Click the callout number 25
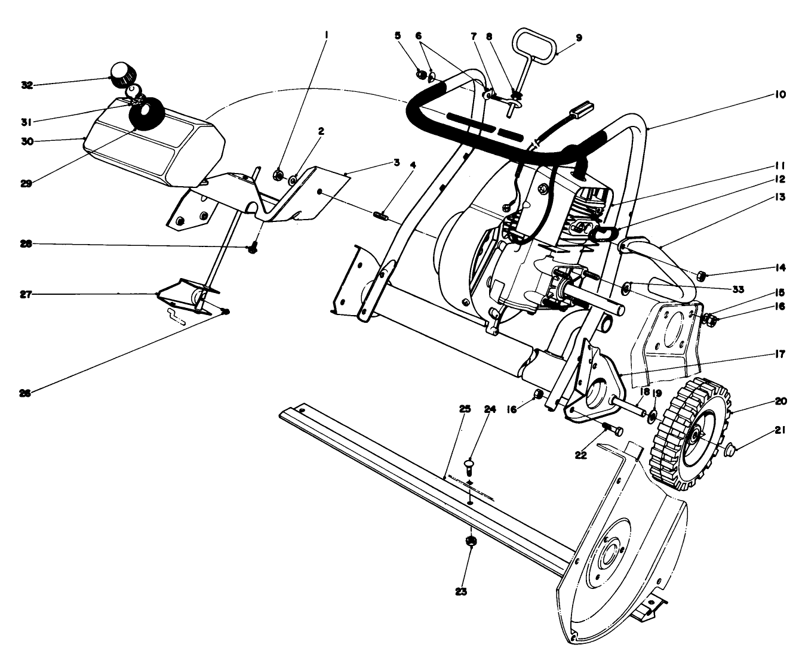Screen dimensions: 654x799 465,409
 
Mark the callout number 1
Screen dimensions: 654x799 326,35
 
